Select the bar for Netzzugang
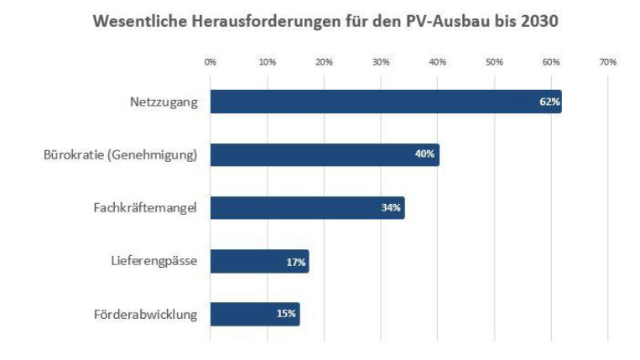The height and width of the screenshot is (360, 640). point(385,102)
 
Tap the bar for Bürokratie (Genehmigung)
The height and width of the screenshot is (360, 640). point(324,154)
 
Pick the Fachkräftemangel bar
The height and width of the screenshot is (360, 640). point(307,207)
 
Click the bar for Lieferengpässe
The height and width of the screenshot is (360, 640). point(258,261)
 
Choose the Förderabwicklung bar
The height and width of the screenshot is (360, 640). point(254,314)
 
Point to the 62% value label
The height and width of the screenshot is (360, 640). point(549,102)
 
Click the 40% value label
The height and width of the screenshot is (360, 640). point(425,154)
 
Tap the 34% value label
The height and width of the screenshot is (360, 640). point(391,208)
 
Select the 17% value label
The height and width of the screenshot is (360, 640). point(295,262)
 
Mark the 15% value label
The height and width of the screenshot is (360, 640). point(286,315)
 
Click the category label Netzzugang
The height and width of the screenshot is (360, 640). point(164,102)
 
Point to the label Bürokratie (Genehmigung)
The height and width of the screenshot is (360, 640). point(120,154)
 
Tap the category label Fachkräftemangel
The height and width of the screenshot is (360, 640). point(144,207)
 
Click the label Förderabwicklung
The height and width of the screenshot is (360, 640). point(145,315)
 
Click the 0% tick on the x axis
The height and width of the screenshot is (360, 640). point(211,62)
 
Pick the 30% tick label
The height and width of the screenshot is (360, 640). point(381,62)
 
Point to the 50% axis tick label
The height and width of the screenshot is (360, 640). point(494,62)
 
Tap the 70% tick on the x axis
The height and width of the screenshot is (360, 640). point(607,62)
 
